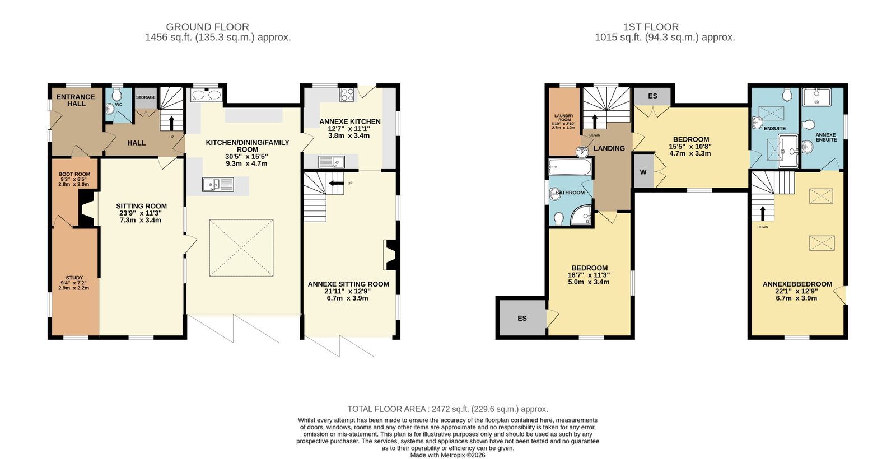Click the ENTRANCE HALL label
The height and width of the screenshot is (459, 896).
coord(76,100)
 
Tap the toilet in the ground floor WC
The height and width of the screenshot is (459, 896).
coord(117,95)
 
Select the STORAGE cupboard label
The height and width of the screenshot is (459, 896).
coord(146,97)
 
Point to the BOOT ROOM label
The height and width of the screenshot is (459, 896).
coord(74,174)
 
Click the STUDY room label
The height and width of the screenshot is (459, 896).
coord(74,278)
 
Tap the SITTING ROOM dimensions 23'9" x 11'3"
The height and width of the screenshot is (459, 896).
coord(142,213)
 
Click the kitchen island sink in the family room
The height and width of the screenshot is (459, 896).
coord(218,184)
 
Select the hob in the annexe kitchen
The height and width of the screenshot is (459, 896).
coord(347,95)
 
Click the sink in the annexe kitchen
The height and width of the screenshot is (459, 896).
coord(332,162)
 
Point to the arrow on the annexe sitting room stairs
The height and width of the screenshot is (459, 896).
coord(337,183)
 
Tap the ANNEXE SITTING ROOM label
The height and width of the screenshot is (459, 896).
coord(348,284)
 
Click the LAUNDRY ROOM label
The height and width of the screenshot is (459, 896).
coord(564,118)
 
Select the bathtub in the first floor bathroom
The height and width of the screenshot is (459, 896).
coord(570,167)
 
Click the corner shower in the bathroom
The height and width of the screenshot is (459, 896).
coord(581,215)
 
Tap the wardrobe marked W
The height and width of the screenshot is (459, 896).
coord(643,172)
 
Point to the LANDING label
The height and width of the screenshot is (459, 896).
coord(609,148)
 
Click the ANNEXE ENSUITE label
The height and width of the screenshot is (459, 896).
coord(826,137)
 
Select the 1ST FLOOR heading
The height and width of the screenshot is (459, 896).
coord(651,27)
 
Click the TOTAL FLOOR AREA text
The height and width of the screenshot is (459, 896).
coord(386,409)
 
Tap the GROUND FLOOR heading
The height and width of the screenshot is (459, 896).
coord(208,27)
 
